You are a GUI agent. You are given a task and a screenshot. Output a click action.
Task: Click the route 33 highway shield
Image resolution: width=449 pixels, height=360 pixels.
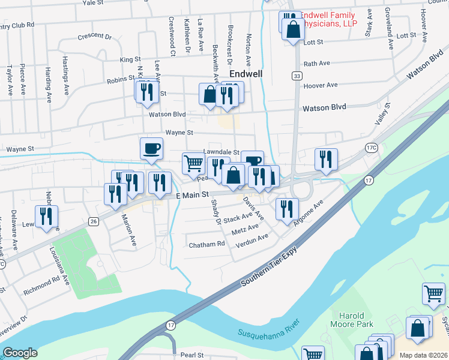pyautogui.click(x=297, y=76)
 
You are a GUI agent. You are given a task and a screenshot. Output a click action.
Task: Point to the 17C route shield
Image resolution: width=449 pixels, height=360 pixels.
pyautogui.click(x=371, y=147)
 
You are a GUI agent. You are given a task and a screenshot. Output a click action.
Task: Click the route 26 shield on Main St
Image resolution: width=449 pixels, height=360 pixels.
pyautogui.click(x=93, y=221)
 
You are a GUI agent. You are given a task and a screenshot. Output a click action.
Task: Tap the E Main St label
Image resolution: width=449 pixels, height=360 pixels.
pyautogui.click(x=192, y=195)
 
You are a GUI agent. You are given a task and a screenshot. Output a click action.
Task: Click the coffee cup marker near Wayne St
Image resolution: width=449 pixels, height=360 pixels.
pyautogui.click(x=151, y=148)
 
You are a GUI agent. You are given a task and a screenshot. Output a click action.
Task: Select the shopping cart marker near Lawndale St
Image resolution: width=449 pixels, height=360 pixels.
pyautogui.click(x=193, y=163)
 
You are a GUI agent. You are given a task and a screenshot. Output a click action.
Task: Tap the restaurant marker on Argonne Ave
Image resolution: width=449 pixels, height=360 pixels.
pyautogui.click(x=286, y=208)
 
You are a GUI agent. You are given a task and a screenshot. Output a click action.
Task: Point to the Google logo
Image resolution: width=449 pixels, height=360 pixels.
pyautogui.click(x=20, y=353)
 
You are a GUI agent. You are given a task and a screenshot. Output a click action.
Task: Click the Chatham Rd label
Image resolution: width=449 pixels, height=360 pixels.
pyautogui.click(x=206, y=244)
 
